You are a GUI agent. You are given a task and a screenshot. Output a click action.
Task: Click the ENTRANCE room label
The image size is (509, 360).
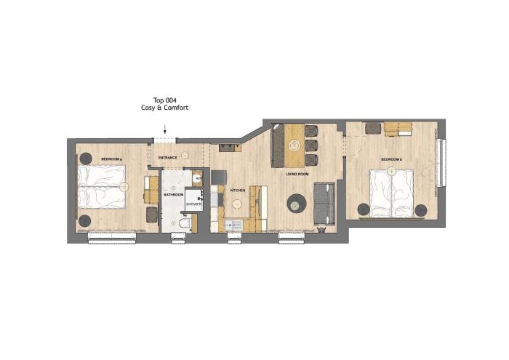pyautogui.click(x=167, y=158)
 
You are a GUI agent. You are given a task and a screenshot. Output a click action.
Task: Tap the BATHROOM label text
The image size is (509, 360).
pyautogui.click(x=173, y=195)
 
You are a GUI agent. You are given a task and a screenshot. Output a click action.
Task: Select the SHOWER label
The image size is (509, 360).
pyautogui.click(x=194, y=204)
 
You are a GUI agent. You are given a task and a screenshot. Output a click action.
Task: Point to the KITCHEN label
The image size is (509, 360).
pyautogui.click(x=238, y=191)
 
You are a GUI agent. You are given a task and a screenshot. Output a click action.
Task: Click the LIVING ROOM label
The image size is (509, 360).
pyautogui.click(x=297, y=175)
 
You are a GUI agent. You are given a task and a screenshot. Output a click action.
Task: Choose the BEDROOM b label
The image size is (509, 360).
pyautogui.click(x=391, y=159)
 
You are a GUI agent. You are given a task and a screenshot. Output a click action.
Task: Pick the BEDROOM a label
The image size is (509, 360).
pyautogui.click(x=111, y=159)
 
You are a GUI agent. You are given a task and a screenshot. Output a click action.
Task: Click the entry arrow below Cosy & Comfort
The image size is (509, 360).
pyautogui.click(x=165, y=129)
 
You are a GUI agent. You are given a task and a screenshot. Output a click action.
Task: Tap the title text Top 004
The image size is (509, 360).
pyautogui.click(x=164, y=100)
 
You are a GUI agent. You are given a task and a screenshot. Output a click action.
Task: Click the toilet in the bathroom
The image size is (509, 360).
pyautogui.click(x=185, y=223)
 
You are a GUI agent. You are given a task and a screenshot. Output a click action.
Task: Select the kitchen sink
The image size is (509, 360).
pyautogui.click(x=233, y=225)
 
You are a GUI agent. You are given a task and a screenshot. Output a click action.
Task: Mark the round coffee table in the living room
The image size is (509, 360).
pyautogui.click(x=297, y=203)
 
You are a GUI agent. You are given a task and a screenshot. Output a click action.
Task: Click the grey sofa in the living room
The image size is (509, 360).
pyautogui.click(x=324, y=204)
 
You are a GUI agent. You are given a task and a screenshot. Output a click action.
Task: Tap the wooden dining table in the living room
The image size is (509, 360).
pyautogui.click(x=294, y=145)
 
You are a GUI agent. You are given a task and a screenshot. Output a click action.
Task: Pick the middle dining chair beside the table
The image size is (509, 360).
pyautogui.click(x=312, y=145)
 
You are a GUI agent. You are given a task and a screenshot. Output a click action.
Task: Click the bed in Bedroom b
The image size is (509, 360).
pyautogui.click(x=392, y=193)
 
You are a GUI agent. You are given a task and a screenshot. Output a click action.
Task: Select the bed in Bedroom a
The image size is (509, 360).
pyautogui.click(x=102, y=187)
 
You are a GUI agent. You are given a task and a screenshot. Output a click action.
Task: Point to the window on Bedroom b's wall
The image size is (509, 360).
pyautogui.click(x=441, y=163)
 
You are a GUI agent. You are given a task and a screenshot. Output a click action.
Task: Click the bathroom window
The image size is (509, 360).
pyautogui.click(x=179, y=239)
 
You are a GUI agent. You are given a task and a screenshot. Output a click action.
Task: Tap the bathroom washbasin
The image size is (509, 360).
pyautogui.click(x=197, y=178)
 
